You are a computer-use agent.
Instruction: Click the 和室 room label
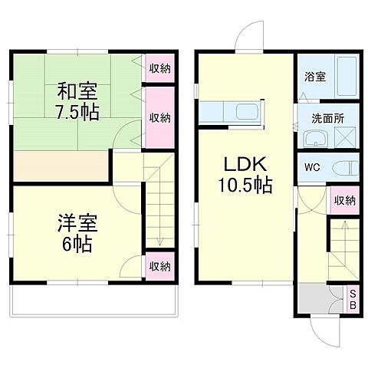pyautogui.click(x=74, y=89)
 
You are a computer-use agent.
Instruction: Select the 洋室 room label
pyautogui.click(x=74, y=226)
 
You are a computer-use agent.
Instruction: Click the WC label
pyautogui.click(x=312, y=167)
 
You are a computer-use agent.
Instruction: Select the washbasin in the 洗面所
pyautogui.click(x=317, y=140)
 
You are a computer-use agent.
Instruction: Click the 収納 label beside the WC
pyautogui.click(x=345, y=201)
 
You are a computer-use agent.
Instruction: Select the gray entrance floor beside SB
pyautogui.click(x=317, y=297)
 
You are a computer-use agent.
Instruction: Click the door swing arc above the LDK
pyautogui.click(x=248, y=37)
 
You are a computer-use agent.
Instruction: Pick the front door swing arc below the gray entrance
pyautogui.click(x=325, y=332)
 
